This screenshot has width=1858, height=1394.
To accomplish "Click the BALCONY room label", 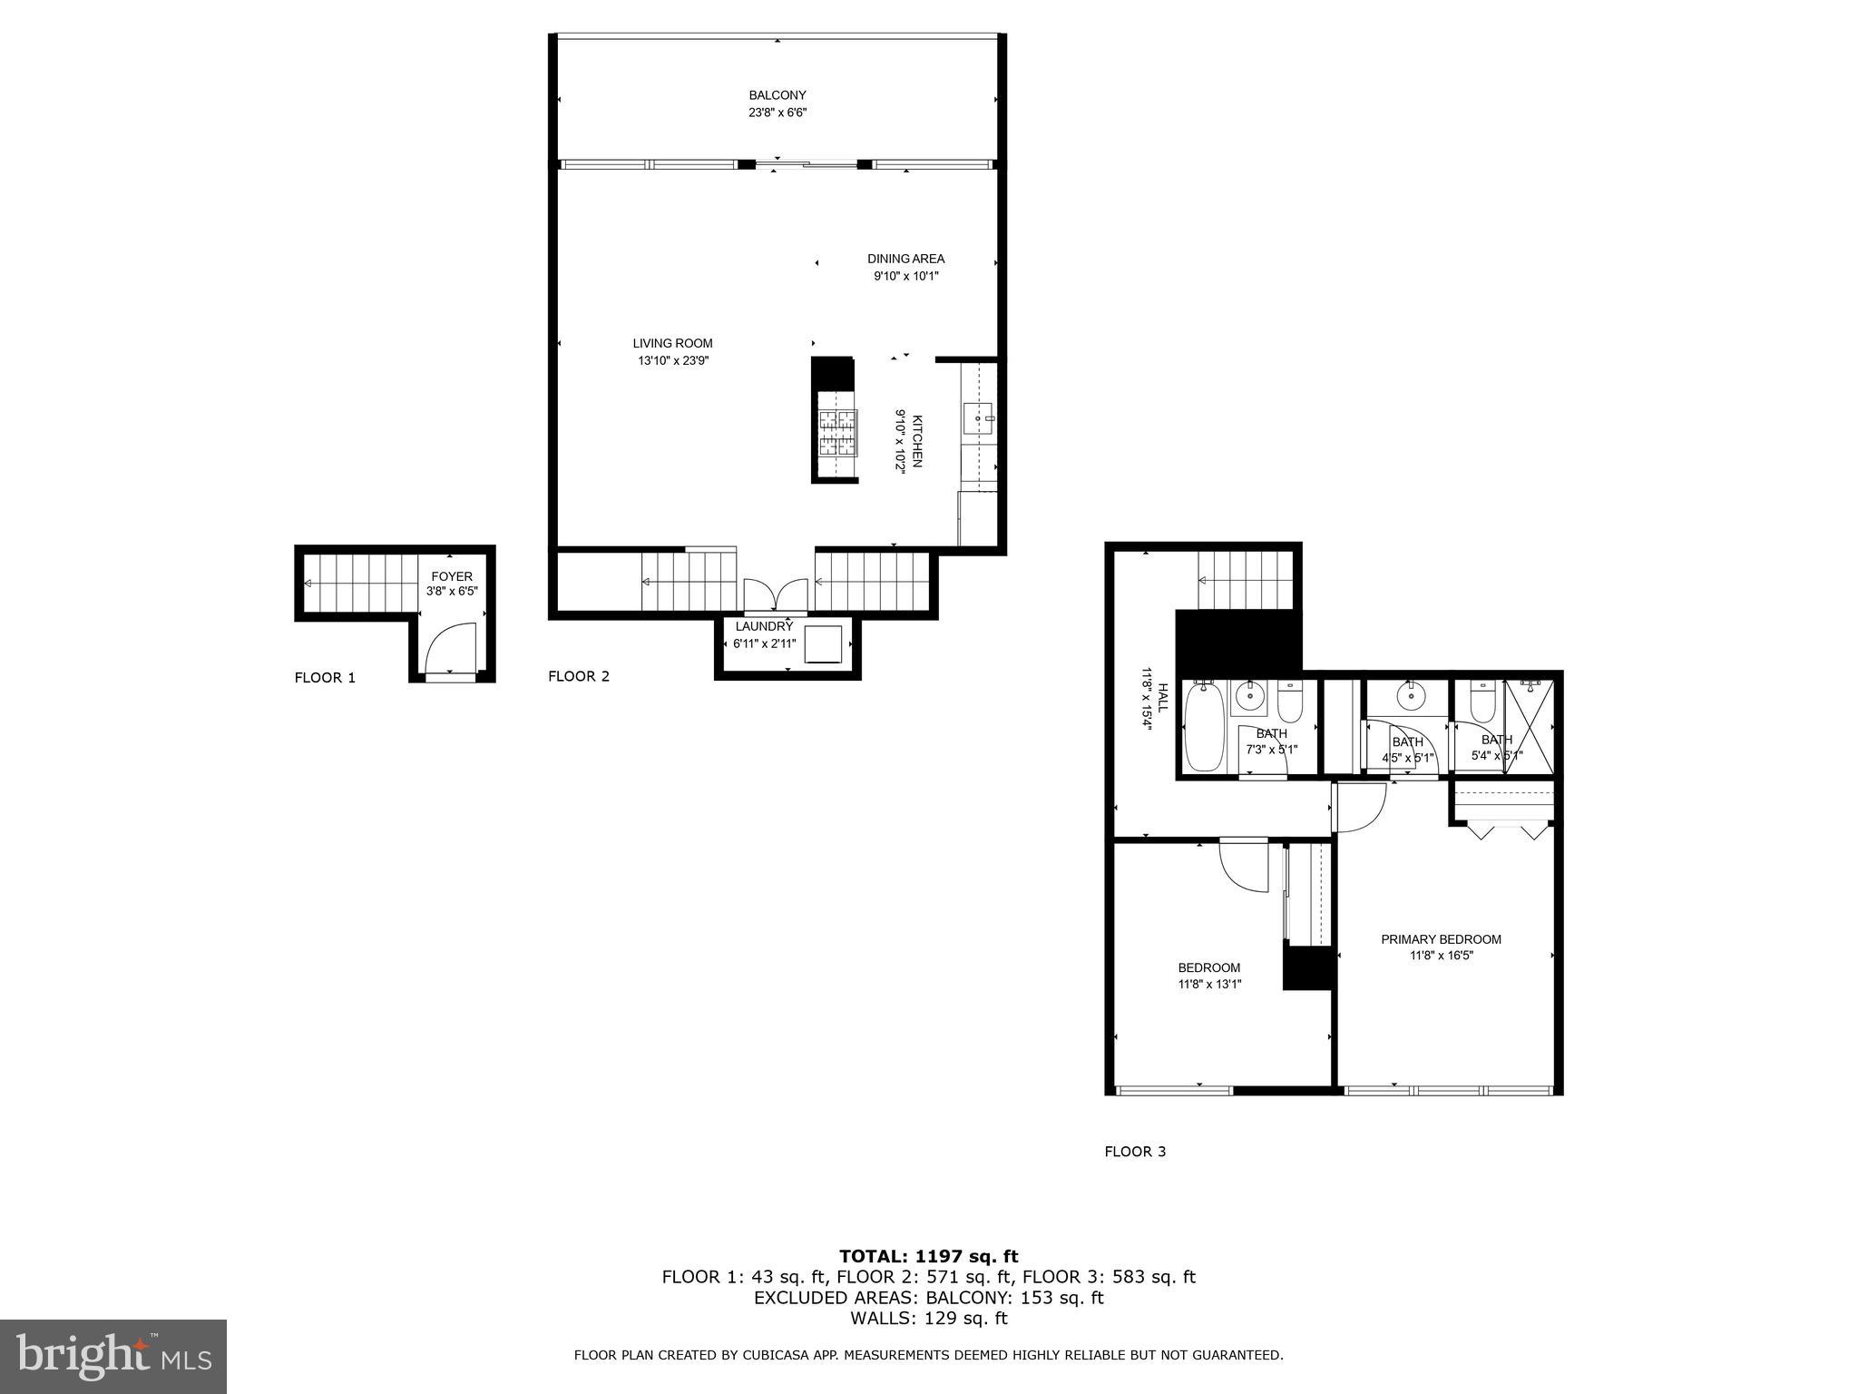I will click(777, 95).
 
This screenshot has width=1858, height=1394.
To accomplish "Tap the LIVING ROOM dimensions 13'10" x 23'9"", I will click(672, 360).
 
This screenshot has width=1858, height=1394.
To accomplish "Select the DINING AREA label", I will click(905, 259).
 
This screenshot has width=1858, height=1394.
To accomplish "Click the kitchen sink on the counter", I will click(978, 419).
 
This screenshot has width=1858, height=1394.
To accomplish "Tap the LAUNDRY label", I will click(764, 626).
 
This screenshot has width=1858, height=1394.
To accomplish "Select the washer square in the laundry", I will click(823, 643).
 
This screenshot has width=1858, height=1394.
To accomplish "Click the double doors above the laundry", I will click(776, 595).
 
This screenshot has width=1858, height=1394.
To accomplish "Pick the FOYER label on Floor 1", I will click(451, 576).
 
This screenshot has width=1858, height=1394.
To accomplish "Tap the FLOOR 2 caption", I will click(579, 676).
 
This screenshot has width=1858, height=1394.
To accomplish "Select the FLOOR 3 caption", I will click(1135, 1152).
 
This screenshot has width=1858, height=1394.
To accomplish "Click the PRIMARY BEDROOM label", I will click(1441, 939).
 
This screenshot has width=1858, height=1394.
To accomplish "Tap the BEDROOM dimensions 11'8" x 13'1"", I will click(1209, 984).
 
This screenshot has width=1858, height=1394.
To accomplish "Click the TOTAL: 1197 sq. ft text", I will click(928, 1257).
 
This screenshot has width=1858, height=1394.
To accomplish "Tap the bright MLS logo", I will click(113, 1357).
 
